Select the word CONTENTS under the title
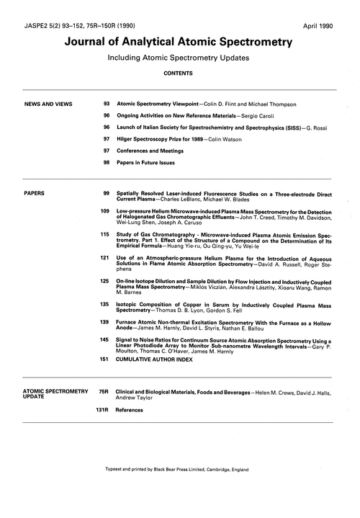pyautogui.click(x=180, y=73)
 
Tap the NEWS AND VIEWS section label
pyautogui.click(x=48, y=104)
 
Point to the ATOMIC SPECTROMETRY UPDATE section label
pyautogui.click(x=51, y=393)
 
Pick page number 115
pyautogui.click(x=104, y=235)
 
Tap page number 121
pyautogui.click(x=104, y=256)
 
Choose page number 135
pyautogui.click(x=104, y=304)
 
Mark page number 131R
pyautogui.click(x=101, y=410)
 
